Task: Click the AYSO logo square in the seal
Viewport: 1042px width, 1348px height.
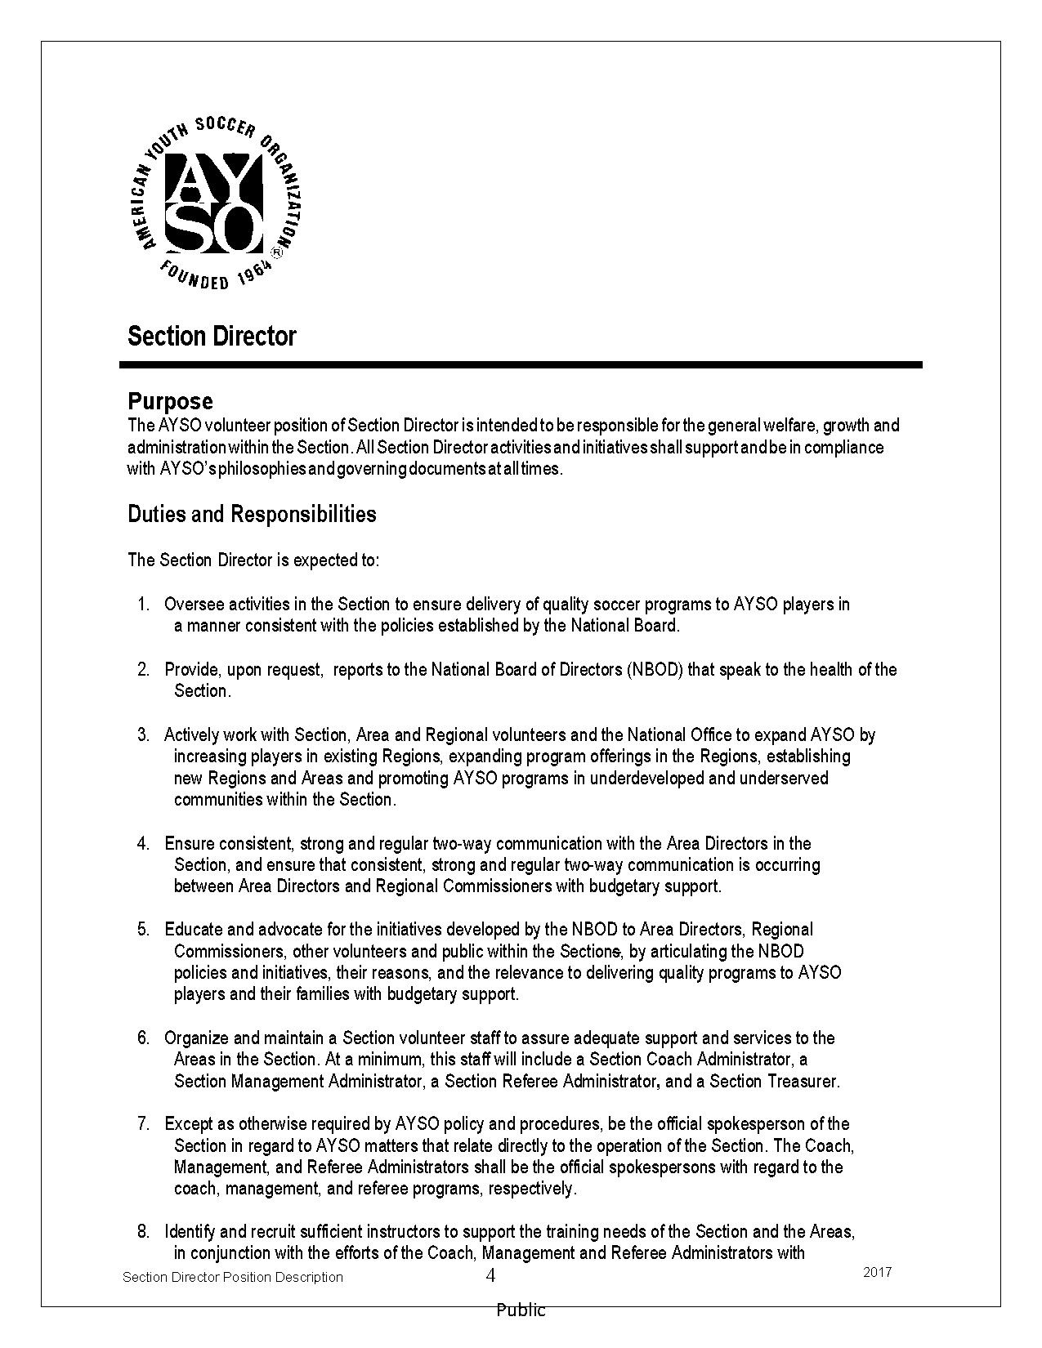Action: click(215, 202)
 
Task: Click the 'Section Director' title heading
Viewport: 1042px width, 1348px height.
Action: click(212, 337)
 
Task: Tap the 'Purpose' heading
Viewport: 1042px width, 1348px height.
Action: click(170, 401)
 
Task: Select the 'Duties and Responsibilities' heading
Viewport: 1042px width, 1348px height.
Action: click(252, 514)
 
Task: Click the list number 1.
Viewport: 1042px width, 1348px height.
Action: click(143, 605)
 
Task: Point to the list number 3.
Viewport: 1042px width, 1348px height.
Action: click(143, 734)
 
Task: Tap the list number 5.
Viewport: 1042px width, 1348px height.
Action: click(143, 930)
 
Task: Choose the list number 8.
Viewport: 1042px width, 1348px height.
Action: click(143, 1231)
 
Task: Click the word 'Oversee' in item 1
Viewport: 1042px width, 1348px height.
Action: click(194, 605)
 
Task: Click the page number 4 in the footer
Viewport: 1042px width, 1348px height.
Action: click(490, 1275)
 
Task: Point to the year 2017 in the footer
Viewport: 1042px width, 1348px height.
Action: click(877, 1272)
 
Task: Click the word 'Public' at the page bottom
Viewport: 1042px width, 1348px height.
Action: click(521, 1310)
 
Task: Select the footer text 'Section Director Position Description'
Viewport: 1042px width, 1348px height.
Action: click(233, 1277)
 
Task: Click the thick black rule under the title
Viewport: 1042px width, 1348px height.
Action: click(521, 365)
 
